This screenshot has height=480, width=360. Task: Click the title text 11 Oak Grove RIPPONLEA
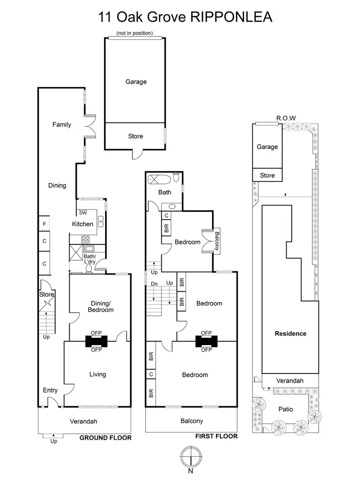tap(185, 17)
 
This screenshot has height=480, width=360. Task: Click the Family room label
tap(61, 125)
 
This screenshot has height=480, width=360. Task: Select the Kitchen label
tap(83, 224)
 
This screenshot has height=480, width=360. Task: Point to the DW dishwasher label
tap(83, 213)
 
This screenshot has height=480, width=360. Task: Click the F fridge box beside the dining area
tap(44, 223)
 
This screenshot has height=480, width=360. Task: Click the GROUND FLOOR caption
tap(105, 438)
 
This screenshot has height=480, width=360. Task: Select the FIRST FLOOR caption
tap(216, 436)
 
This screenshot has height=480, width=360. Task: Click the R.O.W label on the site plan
tap(286, 118)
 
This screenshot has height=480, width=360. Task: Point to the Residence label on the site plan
tap(290, 334)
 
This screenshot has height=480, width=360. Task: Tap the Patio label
tap(286, 409)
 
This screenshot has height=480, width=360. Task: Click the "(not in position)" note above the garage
tap(135, 33)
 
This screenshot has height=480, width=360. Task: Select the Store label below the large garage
tap(135, 136)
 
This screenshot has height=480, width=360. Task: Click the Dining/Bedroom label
tap(102, 306)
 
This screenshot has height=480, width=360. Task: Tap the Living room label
tap(97, 374)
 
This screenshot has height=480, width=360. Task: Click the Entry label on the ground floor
tap(50, 391)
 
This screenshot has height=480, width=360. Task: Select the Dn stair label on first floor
tap(154, 284)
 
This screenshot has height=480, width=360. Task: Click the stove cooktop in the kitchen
tap(86, 240)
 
